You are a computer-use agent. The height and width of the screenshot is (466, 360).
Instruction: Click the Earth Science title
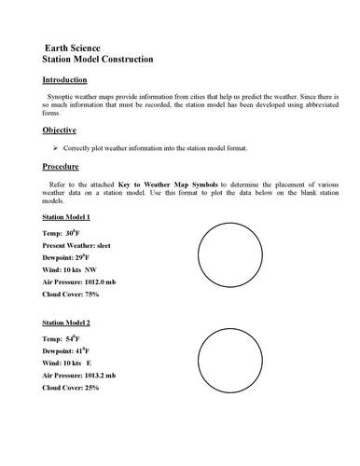(x=79, y=46)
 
